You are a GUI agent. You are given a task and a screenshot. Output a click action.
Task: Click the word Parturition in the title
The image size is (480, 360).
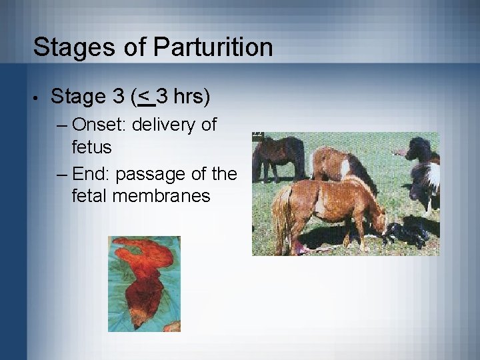pos(213,48)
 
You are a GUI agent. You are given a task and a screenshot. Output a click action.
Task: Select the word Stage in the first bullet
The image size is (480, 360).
pos(77,97)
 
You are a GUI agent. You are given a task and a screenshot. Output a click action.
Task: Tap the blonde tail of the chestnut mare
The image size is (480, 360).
pos(283,213)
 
